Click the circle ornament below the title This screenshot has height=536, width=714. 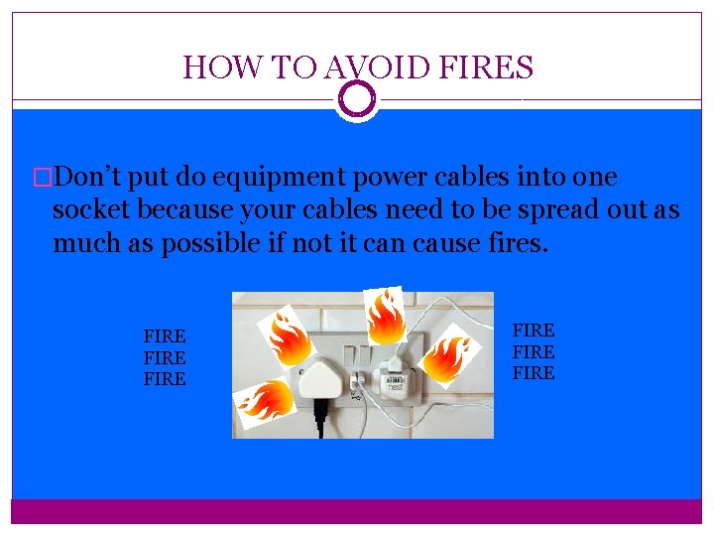(357, 98)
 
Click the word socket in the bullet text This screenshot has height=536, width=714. (92, 210)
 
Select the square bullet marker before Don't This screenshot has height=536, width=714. (42, 179)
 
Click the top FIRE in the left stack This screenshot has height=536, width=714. (165, 336)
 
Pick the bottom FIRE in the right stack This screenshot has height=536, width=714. (534, 374)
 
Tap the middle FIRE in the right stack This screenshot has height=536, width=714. (534, 352)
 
